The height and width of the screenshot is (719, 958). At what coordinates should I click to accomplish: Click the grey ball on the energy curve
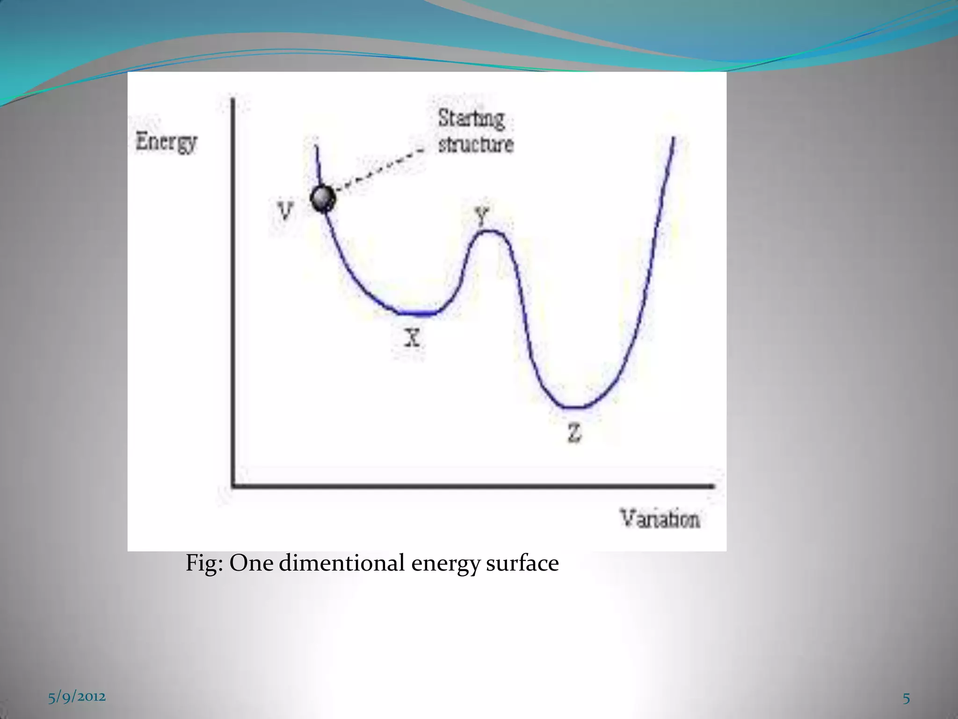click(323, 198)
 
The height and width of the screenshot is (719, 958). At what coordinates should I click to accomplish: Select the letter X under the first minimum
click(412, 337)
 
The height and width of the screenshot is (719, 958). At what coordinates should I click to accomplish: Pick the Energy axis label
click(166, 142)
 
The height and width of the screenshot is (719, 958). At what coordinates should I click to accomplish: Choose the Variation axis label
click(660, 519)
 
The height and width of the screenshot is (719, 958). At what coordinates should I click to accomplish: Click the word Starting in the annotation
click(471, 118)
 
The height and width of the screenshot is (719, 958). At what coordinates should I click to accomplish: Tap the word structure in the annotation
click(476, 144)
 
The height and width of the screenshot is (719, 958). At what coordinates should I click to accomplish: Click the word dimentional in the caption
click(342, 563)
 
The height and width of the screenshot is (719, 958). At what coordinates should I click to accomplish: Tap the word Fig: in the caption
click(204, 563)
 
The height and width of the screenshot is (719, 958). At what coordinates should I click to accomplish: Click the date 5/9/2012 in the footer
click(77, 697)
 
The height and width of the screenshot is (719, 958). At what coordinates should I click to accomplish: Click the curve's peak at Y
click(489, 232)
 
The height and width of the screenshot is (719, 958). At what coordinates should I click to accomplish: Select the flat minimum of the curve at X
click(417, 313)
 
